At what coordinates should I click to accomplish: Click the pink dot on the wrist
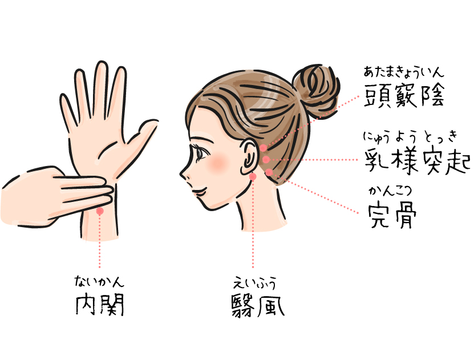pyautogui.click(x=100, y=211)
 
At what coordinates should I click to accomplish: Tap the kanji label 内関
pyautogui.click(x=99, y=305)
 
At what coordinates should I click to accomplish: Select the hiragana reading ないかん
pyautogui.click(x=99, y=281)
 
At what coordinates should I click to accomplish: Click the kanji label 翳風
pyautogui.click(x=258, y=305)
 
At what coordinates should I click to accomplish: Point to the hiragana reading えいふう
pyautogui.click(x=254, y=284)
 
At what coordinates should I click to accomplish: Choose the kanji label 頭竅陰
pyautogui.click(x=404, y=95)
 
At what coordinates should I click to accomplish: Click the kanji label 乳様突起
pyautogui.click(x=418, y=161)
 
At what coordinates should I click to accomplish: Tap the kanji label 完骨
pyautogui.click(x=392, y=215)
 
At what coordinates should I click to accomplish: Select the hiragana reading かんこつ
pyautogui.click(x=390, y=191)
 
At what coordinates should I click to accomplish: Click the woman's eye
pyautogui.click(x=200, y=153)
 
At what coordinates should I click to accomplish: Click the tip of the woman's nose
pyautogui.click(x=181, y=175)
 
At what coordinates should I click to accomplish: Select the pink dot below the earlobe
pyautogui.click(x=253, y=176)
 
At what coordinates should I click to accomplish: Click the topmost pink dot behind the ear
pyautogui.click(x=264, y=148)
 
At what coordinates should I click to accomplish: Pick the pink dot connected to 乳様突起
pyautogui.click(x=266, y=159)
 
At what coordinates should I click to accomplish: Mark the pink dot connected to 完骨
pyautogui.click(x=269, y=172)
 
